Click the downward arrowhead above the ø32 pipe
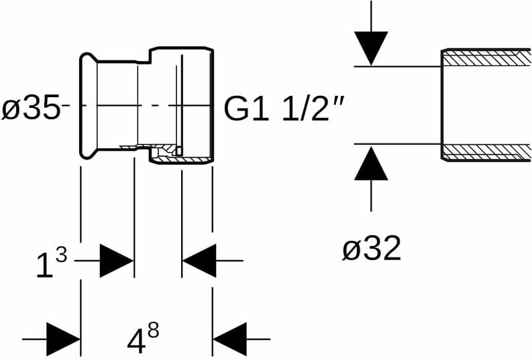point(372,47)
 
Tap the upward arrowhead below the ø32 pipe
point(372,164)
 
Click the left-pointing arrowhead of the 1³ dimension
point(199,261)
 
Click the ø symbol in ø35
point(11,109)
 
